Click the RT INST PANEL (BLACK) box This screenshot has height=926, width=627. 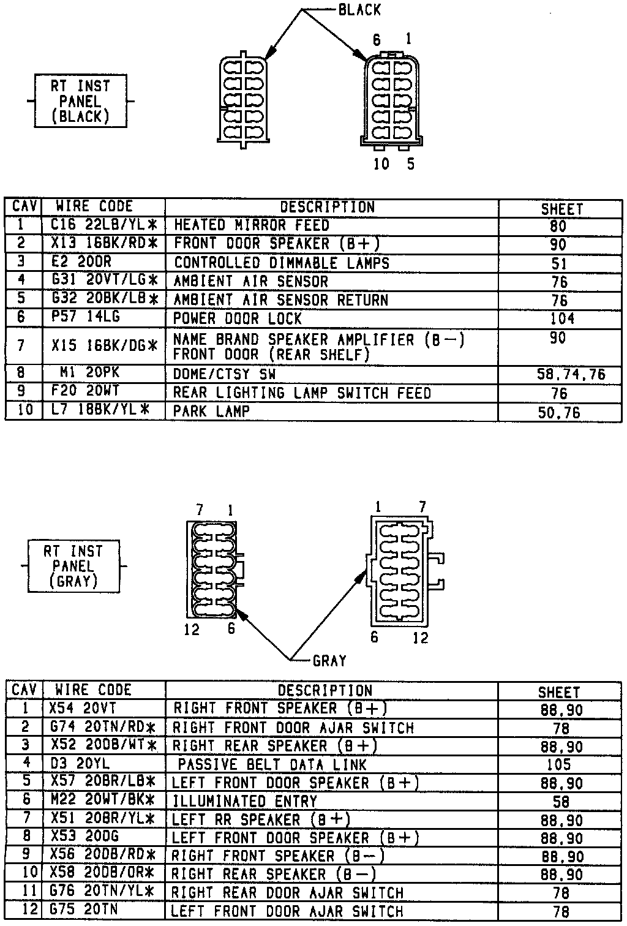[80, 101]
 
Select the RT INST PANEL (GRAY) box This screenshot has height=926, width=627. [73, 567]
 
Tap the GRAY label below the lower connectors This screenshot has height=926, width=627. [329, 661]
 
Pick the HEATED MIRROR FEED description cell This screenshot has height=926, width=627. [252, 225]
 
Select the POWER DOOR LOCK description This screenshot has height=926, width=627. [238, 318]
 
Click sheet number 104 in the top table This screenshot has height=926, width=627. [561, 318]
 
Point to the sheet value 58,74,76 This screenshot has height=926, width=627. [570, 374]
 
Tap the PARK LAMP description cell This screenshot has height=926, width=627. [212, 411]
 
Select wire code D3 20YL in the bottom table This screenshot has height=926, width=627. [80, 764]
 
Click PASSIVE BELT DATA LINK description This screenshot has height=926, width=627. [272, 764]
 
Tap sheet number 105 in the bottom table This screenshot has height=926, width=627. [558, 764]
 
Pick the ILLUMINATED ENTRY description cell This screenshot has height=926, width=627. [245, 801]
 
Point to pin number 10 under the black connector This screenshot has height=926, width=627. [381, 164]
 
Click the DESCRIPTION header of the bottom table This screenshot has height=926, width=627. [325, 690]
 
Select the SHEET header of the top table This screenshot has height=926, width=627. [561, 208]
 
